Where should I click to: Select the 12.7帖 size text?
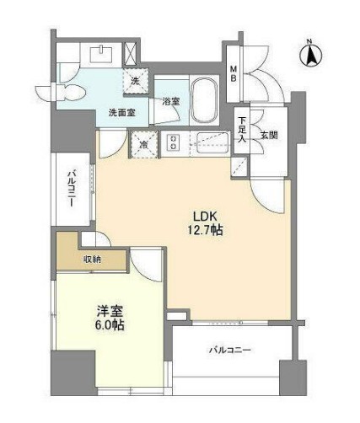coord(204,229)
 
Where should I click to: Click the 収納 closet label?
coord(92,260)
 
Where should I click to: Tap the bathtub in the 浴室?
coord(203,100)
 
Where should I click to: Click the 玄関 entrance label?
coord(268,135)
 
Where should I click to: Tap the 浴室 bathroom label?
coord(169,102)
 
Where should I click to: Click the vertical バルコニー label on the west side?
coord(73,190)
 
